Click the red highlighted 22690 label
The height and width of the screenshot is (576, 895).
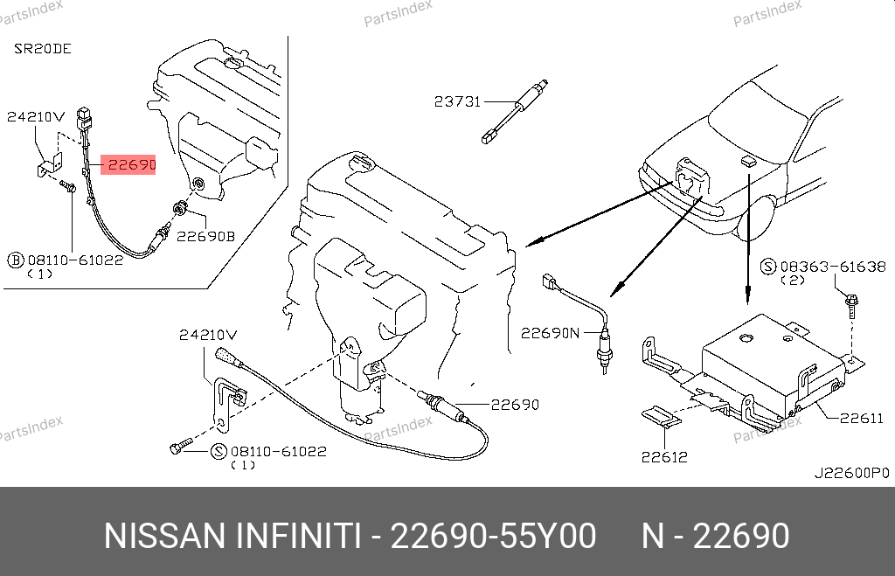(x=128, y=163)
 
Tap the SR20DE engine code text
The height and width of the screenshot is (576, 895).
(x=42, y=49)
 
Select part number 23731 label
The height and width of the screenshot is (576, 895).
(x=457, y=101)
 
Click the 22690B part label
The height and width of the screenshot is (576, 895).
(x=206, y=235)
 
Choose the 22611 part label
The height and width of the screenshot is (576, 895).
(x=861, y=419)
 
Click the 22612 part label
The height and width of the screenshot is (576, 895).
(x=663, y=456)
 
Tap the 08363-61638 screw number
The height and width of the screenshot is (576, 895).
(x=833, y=266)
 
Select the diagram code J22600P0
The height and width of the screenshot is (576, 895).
(x=851, y=473)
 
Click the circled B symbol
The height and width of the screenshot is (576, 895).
(x=15, y=260)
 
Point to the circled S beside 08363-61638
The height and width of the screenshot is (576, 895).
(x=768, y=266)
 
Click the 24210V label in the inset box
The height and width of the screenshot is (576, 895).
(x=36, y=115)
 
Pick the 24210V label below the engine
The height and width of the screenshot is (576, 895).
(x=208, y=334)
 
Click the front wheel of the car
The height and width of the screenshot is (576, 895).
(x=754, y=219)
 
